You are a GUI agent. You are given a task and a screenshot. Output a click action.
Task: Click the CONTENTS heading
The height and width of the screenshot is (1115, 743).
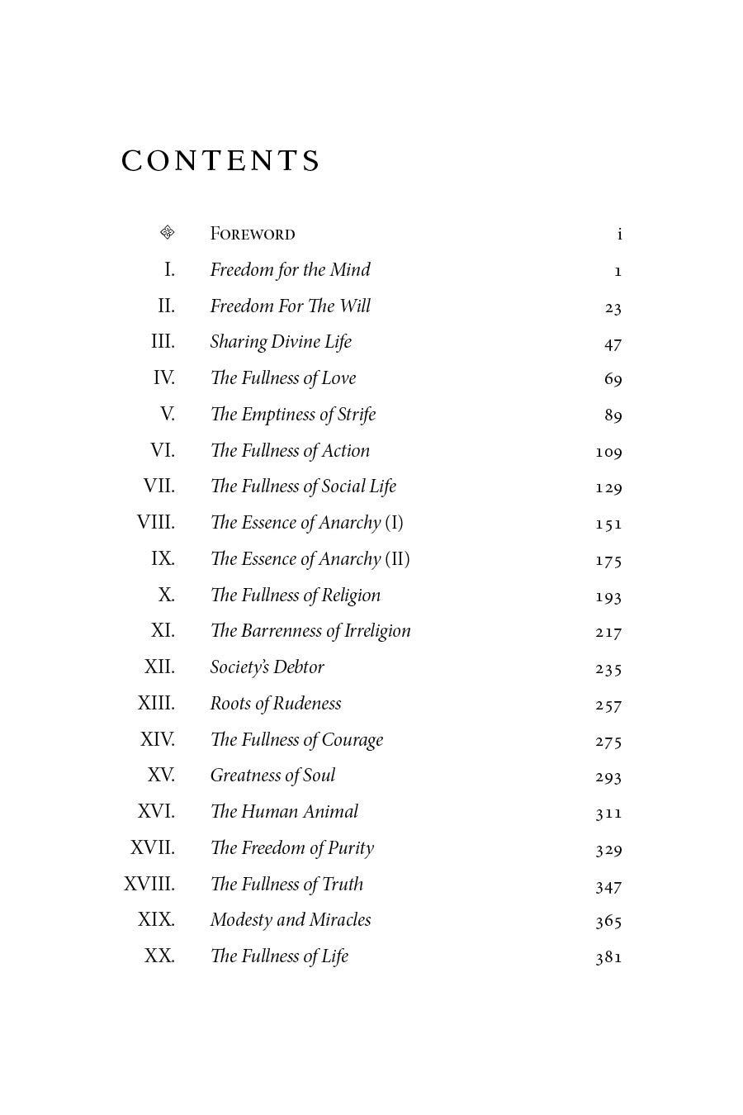220,161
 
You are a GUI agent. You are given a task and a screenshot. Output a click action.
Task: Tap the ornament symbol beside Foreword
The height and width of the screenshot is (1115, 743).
167,233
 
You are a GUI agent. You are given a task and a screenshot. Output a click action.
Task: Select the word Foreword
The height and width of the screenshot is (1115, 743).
252,235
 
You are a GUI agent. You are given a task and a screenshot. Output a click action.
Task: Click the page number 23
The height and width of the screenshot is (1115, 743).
613,308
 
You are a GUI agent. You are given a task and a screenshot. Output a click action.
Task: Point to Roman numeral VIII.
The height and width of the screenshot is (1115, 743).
156,523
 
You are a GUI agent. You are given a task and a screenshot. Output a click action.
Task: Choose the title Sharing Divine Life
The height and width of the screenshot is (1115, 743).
281,342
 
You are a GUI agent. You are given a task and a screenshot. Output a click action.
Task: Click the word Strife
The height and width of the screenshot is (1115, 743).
357,415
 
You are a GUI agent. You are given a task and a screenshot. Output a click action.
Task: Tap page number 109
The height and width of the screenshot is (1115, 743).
608,452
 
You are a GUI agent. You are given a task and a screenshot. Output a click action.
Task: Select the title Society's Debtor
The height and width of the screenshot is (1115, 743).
267,667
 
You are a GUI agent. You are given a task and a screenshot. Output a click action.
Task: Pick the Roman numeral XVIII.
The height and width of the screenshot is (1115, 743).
149,884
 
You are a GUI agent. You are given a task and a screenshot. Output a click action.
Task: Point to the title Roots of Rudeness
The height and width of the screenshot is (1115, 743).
275,704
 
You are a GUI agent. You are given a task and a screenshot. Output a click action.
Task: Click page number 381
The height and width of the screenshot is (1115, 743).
608,957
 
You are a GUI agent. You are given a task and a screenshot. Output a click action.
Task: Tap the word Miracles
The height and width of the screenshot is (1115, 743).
340,920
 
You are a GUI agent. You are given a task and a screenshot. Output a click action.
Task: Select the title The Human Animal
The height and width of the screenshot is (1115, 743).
284,812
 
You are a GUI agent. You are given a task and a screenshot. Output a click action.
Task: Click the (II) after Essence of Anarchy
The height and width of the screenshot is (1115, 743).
397,559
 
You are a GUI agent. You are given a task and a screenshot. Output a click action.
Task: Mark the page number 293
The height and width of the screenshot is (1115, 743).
608,776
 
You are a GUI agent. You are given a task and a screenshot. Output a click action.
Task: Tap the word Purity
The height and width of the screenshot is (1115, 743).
350,848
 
